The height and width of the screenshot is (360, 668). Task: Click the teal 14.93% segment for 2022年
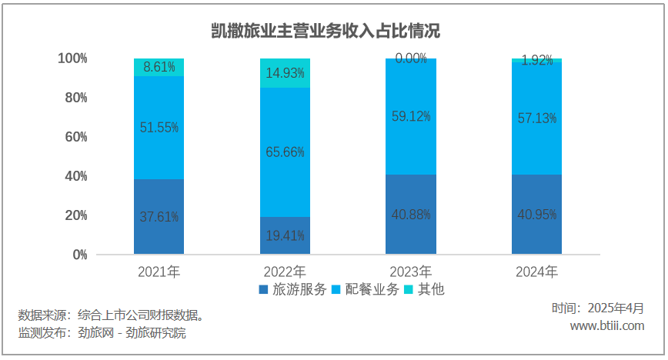[x=285, y=73]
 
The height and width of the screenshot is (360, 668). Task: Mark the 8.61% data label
[x=159, y=67]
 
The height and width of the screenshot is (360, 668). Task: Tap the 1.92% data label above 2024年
[x=537, y=61]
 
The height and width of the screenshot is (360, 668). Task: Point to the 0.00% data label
[x=411, y=58]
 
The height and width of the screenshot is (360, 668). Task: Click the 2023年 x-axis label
[x=411, y=272]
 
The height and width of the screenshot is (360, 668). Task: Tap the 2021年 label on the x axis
[x=159, y=272]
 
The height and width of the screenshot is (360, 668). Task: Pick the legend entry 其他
[x=430, y=290]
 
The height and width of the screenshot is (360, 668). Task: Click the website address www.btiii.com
[x=606, y=326]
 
